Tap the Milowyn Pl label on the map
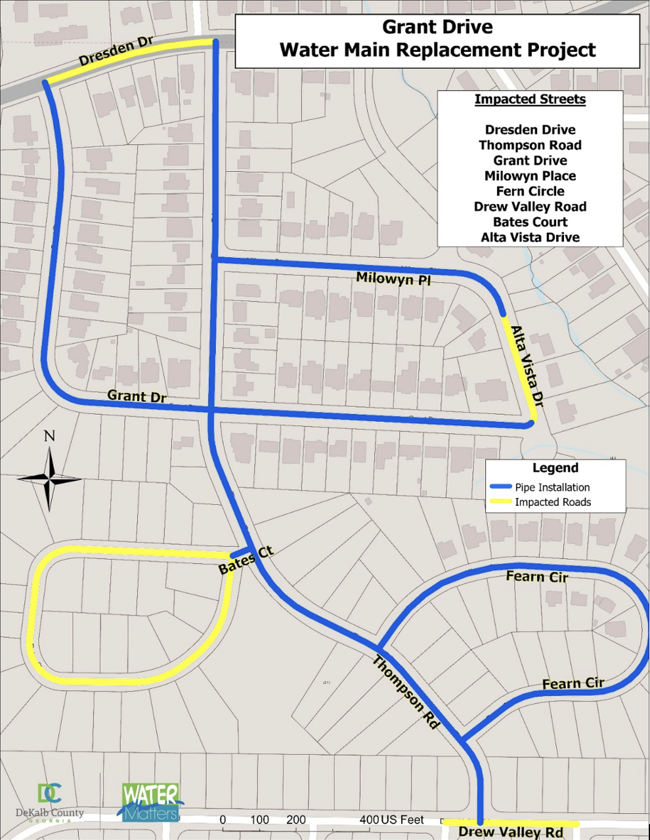394,278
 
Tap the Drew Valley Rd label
510,832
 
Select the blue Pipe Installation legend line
501,487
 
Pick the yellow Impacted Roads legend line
501,502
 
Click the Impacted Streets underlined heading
530,100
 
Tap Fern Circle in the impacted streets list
530,191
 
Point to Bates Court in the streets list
530,222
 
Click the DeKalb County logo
51,802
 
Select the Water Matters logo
150,802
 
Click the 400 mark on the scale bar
369,820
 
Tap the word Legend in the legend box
555,468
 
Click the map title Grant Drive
437,28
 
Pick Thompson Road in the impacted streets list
530,145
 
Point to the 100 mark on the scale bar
259,820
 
